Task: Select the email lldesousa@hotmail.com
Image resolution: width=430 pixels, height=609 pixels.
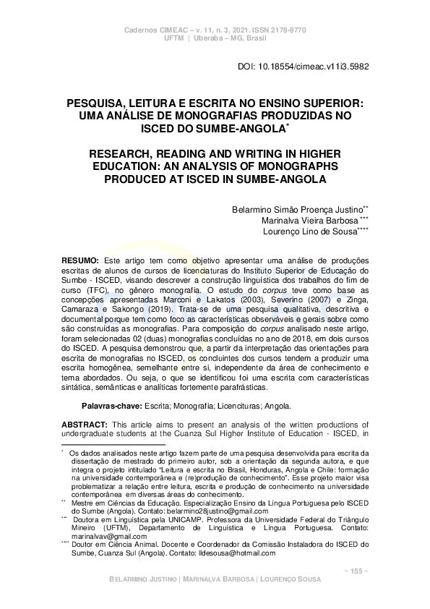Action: click(234, 553)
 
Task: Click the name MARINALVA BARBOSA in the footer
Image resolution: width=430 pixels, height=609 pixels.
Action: click(216, 580)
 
